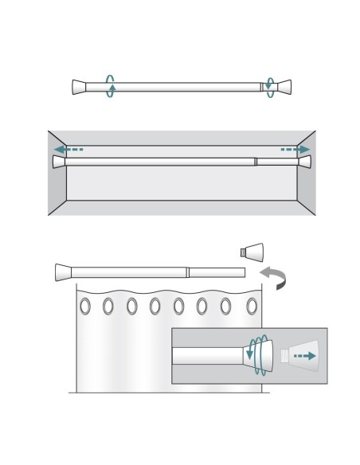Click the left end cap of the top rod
[x=79, y=87]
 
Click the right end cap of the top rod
[x=284, y=87]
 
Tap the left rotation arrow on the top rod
[x=111, y=86]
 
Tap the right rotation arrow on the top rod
[x=271, y=87]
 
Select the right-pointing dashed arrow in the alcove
[x=295, y=149]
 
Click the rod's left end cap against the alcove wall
[x=58, y=162]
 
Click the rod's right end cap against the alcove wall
[x=304, y=162]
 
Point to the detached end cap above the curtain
[x=252, y=252]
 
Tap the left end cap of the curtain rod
[x=63, y=272]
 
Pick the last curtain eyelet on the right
[x=252, y=306]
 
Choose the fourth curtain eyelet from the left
[x=155, y=306]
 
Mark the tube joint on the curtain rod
[x=187, y=272]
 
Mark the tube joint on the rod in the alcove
[x=255, y=162]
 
